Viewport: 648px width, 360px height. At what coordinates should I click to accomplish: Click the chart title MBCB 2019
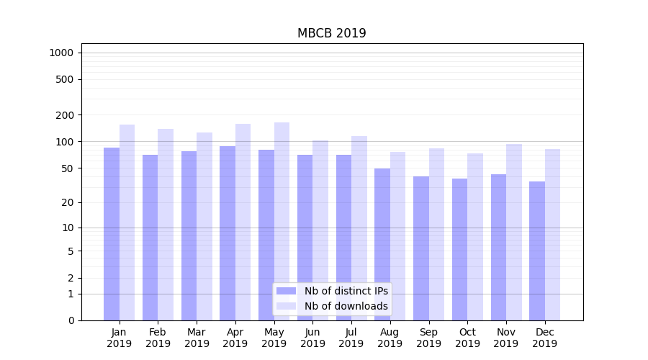(331, 34)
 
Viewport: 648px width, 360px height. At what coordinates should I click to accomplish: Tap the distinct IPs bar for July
(343, 238)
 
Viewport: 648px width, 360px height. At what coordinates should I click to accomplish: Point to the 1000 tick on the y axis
(61, 53)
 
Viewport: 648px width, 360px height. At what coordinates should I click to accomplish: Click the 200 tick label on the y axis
(65, 115)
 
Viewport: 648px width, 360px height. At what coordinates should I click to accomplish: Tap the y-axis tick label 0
(71, 320)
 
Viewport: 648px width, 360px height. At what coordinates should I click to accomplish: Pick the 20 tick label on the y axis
(68, 202)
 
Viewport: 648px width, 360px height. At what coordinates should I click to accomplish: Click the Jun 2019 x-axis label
(312, 338)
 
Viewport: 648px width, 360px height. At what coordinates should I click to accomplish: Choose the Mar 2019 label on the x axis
(197, 338)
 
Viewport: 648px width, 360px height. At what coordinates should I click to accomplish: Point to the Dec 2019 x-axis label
(544, 338)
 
